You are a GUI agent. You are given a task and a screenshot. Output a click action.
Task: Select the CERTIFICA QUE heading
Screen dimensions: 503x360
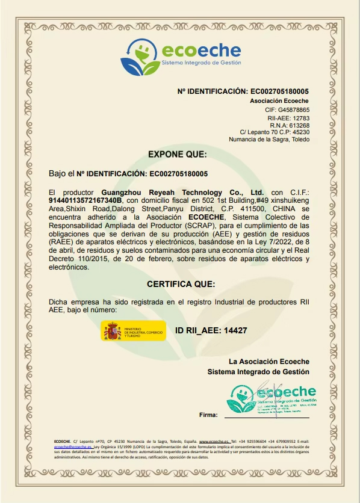pos(181,284)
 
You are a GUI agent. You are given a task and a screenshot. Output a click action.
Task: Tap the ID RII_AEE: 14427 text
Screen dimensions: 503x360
pos(211,330)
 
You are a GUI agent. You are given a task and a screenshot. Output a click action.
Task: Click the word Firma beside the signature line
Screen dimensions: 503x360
pos(208,415)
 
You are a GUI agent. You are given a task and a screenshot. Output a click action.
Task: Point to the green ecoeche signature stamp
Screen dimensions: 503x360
pos(272,397)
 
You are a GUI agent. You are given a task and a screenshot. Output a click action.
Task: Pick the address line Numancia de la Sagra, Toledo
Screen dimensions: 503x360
pos(269,140)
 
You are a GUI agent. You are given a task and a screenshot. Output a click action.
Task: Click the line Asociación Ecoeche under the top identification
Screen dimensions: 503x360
pos(279,100)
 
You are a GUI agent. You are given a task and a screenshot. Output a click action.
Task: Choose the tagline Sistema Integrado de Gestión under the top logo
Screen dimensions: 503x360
pos(200,63)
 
